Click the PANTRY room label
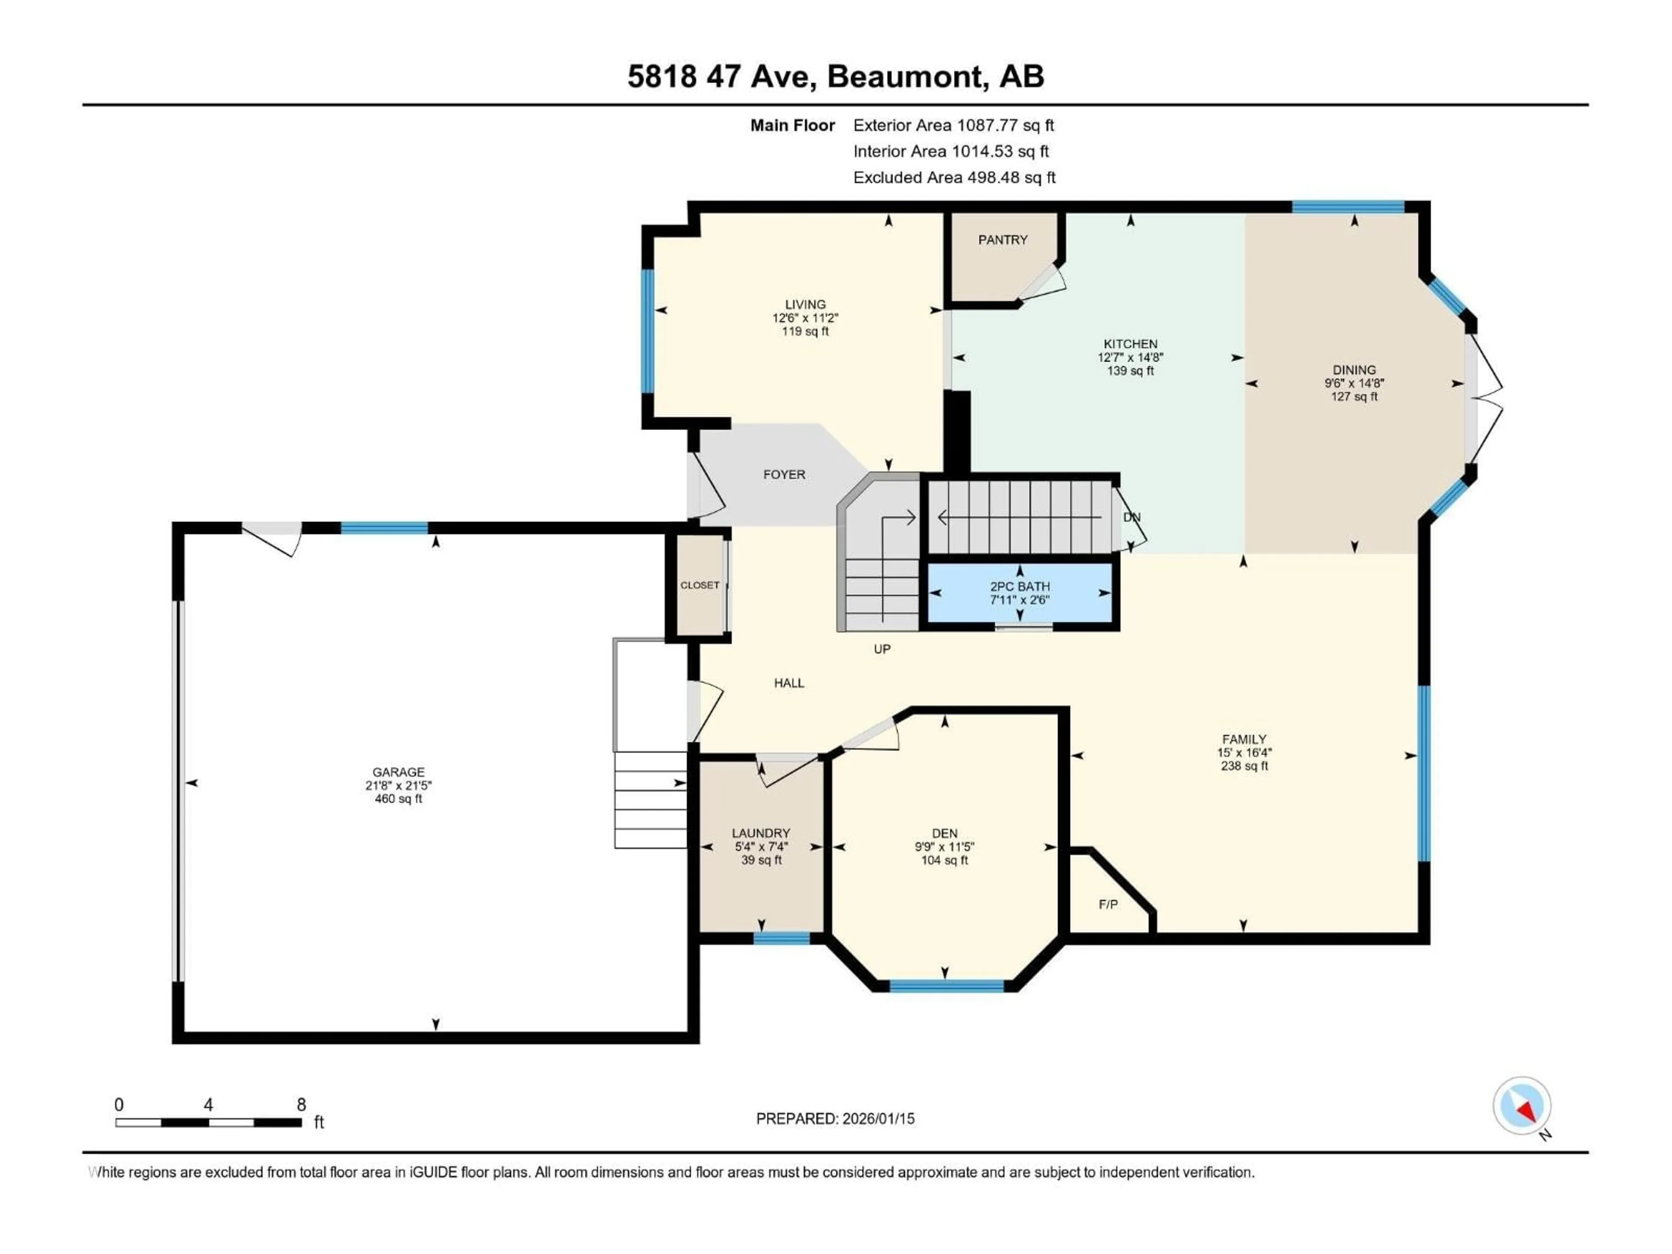click(x=1002, y=239)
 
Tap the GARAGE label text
click(x=398, y=772)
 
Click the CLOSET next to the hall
click(x=699, y=585)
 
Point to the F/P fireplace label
click(x=1107, y=904)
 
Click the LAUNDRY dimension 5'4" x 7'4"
click(x=761, y=846)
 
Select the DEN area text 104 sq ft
click(x=944, y=860)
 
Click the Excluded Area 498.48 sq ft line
click(x=954, y=178)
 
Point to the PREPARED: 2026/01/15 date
click(x=835, y=1119)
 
